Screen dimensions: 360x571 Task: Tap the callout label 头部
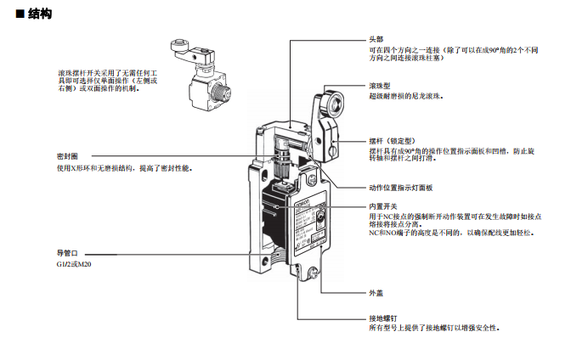tap(376, 40)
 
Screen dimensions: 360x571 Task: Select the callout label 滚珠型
tap(379, 87)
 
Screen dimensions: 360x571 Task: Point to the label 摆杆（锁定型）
tap(391, 141)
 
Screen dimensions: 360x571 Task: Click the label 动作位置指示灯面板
tap(401, 188)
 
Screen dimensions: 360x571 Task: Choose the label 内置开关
tap(382, 207)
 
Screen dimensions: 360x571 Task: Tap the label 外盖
tap(376, 293)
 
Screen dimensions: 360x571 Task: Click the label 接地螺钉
tap(382, 318)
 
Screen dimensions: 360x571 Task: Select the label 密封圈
tap(68, 157)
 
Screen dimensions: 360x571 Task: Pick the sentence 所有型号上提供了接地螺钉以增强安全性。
tap(433, 329)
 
